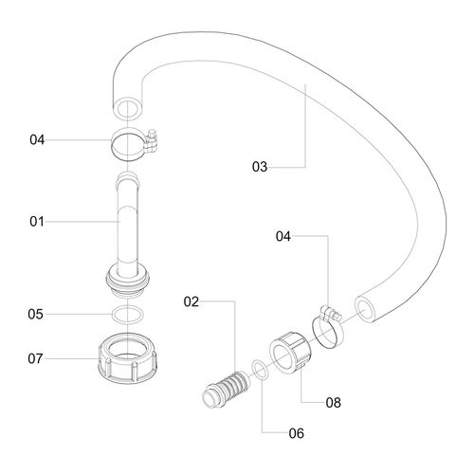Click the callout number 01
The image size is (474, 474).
pyautogui.click(x=37, y=222)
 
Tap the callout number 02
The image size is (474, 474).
pyautogui.click(x=191, y=301)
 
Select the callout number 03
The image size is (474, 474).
pyautogui.click(x=260, y=167)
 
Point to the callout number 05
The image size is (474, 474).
pyautogui.click(x=35, y=314)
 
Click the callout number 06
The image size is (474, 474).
pyautogui.click(x=297, y=433)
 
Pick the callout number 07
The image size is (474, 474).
pyautogui.click(x=35, y=358)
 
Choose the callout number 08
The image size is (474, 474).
pyautogui.click(x=334, y=403)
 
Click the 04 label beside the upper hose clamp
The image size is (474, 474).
pyautogui.click(x=37, y=139)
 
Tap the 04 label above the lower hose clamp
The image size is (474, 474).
pyautogui.click(x=283, y=236)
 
